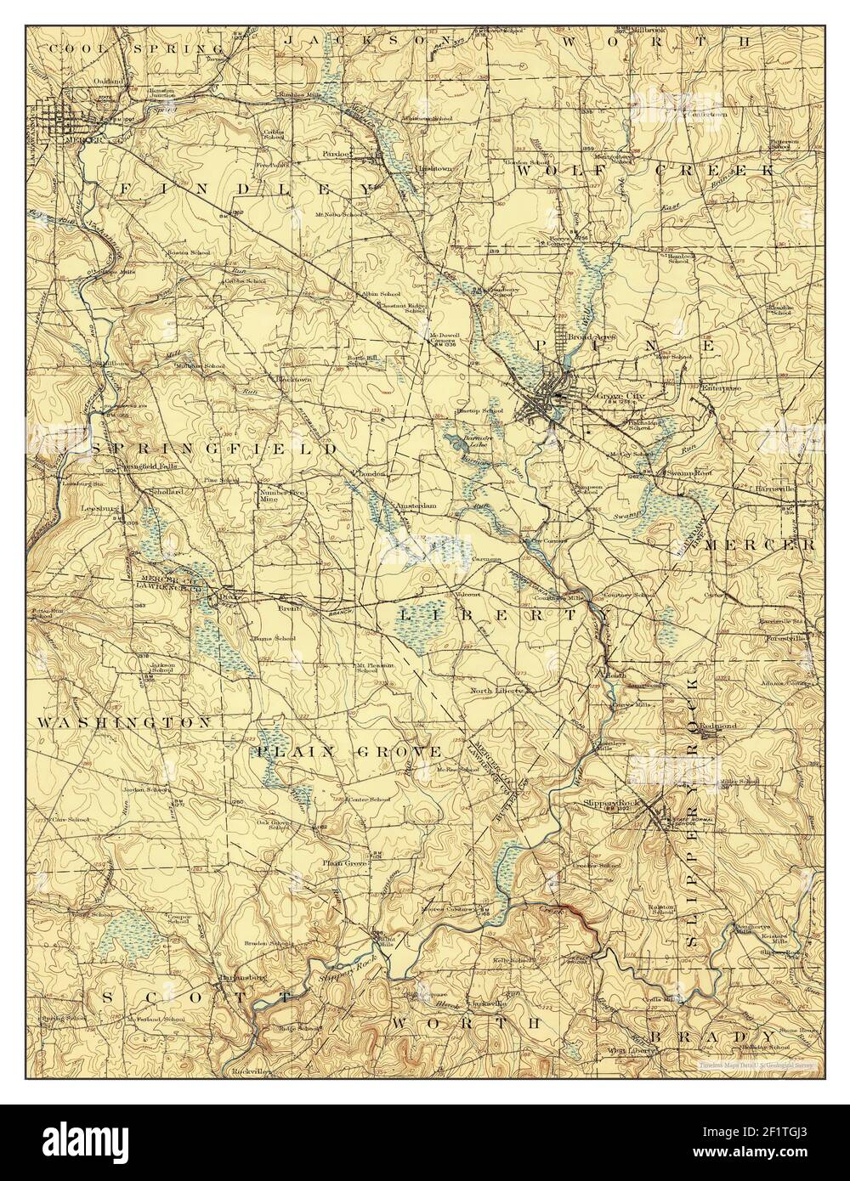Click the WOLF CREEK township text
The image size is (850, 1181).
pyautogui.click(x=646, y=170)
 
